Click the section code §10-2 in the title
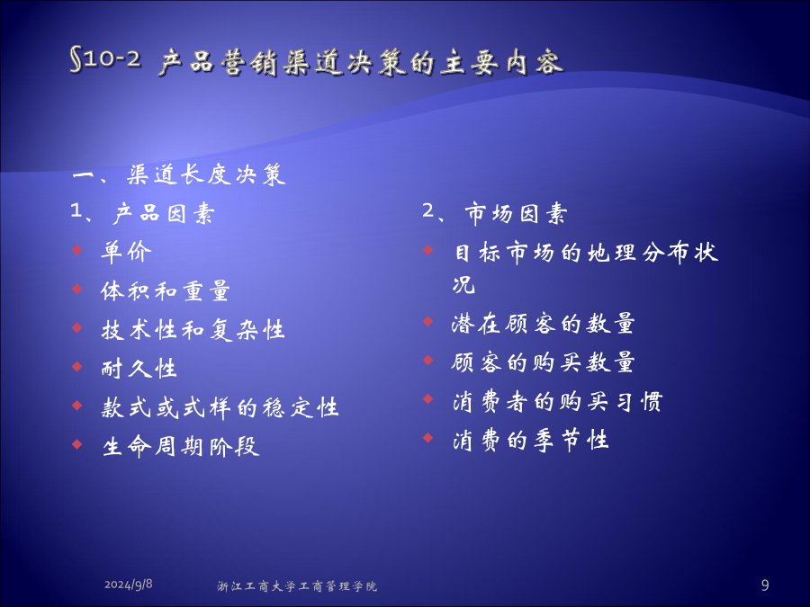point(105,58)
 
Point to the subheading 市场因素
point(516,213)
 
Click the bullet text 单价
point(126,252)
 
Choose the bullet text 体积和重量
point(165,290)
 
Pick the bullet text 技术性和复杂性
point(193,330)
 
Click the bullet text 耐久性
point(139,368)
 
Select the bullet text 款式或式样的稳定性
point(220,407)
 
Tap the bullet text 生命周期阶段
point(180,446)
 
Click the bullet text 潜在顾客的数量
point(543,324)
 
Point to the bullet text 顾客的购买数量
point(543,362)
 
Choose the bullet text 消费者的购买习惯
point(557,401)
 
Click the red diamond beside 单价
point(77,250)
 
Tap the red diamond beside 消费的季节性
point(427,438)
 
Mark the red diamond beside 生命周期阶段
point(77,444)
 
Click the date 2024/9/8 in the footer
point(128,585)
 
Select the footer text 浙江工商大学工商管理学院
point(296,585)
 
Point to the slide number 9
point(764,585)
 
